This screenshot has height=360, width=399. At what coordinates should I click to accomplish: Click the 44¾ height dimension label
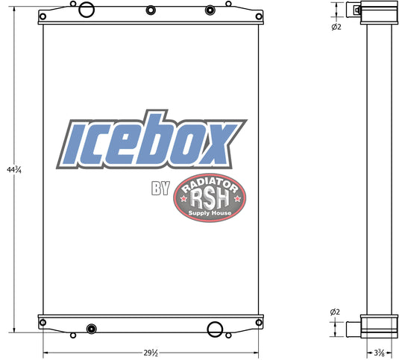(x=14, y=169)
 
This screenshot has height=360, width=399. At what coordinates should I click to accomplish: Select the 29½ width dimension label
(x=151, y=353)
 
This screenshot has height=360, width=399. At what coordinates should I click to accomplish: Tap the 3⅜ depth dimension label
(x=379, y=353)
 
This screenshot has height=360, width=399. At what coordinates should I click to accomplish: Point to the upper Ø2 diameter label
(x=336, y=26)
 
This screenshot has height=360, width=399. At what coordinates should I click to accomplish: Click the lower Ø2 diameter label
(x=335, y=312)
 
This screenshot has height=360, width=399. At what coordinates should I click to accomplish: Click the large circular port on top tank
(x=87, y=10)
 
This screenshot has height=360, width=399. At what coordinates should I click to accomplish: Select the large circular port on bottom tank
(x=215, y=329)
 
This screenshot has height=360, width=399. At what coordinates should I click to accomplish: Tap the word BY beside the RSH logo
(x=160, y=189)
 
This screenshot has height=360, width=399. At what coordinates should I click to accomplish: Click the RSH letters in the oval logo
(x=210, y=199)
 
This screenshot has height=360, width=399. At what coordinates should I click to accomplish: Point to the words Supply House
(x=210, y=213)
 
